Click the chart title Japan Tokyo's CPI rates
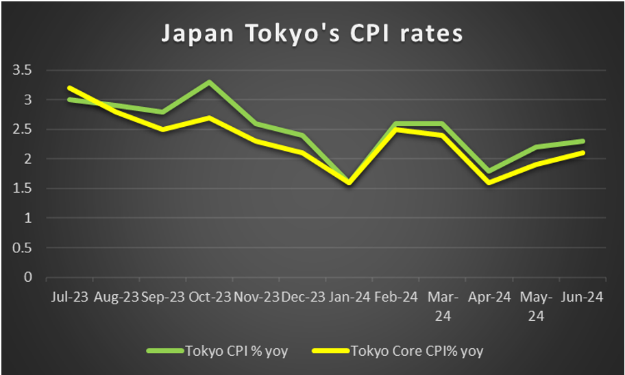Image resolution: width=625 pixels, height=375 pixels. pyautogui.click(x=312, y=34)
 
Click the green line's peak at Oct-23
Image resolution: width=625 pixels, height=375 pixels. pyautogui.click(x=208, y=82)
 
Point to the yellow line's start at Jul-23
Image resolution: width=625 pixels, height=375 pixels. pyautogui.click(x=69, y=88)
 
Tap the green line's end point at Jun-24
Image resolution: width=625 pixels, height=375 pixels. pyautogui.click(x=582, y=141)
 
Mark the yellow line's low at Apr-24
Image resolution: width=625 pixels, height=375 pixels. pyautogui.click(x=489, y=182)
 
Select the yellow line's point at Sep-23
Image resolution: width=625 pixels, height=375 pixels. pyautogui.click(x=162, y=129)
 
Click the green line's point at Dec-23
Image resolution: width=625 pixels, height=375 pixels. pyautogui.click(x=302, y=135)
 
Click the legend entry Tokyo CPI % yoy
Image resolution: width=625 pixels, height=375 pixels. pyautogui.click(x=236, y=351)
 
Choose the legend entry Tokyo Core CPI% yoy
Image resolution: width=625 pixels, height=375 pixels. pyautogui.click(x=417, y=351)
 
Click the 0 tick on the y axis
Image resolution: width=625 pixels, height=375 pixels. pyautogui.click(x=28, y=278)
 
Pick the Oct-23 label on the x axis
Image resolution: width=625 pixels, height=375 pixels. pyautogui.click(x=208, y=298)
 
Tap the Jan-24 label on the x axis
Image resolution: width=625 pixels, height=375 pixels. pyautogui.click(x=348, y=298)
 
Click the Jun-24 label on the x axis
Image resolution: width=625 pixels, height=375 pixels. pyautogui.click(x=582, y=298)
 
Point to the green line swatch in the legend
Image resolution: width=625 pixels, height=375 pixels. pyautogui.click(x=164, y=351)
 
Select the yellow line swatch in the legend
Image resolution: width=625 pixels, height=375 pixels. pyautogui.click(x=330, y=351)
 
